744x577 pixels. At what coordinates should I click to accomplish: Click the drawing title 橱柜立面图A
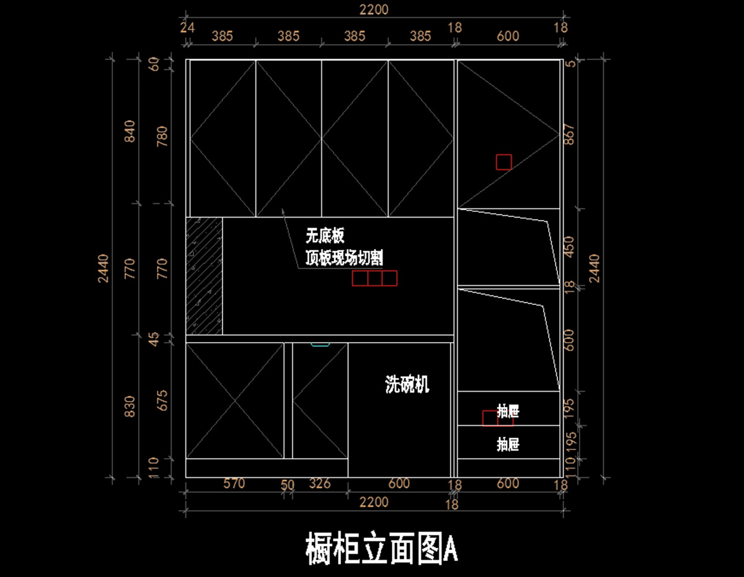382,547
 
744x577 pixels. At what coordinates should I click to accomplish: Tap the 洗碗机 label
407,385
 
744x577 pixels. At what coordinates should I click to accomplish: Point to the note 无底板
324,236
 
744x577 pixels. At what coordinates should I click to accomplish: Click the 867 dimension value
569,135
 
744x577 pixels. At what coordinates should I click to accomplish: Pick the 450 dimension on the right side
569,246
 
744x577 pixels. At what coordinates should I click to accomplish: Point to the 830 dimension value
130,406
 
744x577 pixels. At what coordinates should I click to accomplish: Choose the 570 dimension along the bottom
234,483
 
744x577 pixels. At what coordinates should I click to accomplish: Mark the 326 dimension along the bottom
319,483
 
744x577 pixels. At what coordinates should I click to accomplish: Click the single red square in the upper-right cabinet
503,162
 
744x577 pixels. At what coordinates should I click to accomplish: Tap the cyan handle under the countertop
320,345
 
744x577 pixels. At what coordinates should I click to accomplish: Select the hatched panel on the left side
204,276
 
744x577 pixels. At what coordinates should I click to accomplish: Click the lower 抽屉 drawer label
508,444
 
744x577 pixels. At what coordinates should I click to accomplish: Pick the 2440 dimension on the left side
104,268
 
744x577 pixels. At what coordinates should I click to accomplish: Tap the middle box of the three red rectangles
374,278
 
